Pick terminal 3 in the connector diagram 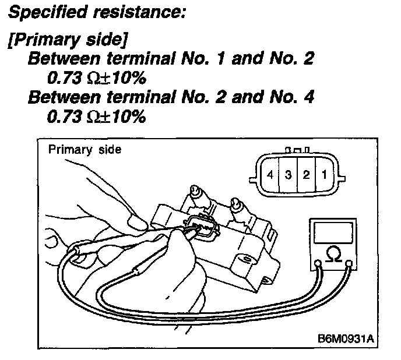[288, 174]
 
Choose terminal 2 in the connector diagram [305, 174]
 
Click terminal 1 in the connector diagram [323, 174]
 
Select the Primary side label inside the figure [85, 150]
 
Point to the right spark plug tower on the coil [237, 206]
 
